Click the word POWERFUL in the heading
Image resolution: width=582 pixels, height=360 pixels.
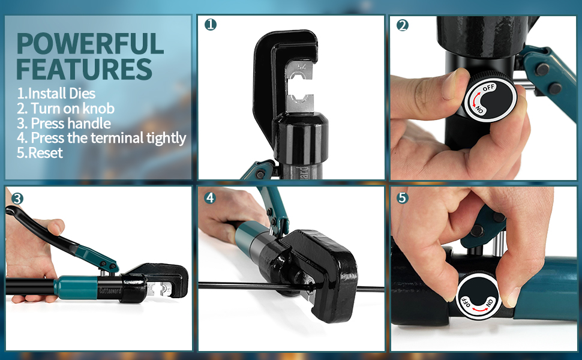90,44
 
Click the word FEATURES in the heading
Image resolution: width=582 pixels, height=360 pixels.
84,69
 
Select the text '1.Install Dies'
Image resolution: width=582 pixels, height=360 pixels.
56,94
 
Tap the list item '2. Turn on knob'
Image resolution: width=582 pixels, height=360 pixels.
65,109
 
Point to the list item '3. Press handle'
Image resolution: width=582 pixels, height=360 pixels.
64,124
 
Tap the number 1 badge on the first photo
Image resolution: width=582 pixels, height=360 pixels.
210,25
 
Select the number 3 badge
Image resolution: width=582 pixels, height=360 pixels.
17,199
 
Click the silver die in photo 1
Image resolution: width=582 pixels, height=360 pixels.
301,89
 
